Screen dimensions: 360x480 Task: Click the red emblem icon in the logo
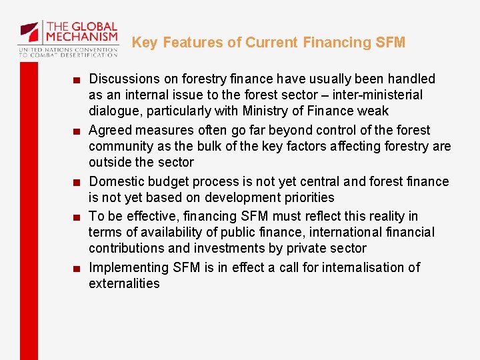29,32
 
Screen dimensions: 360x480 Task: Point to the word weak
373,111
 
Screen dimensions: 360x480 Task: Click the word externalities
124,284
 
